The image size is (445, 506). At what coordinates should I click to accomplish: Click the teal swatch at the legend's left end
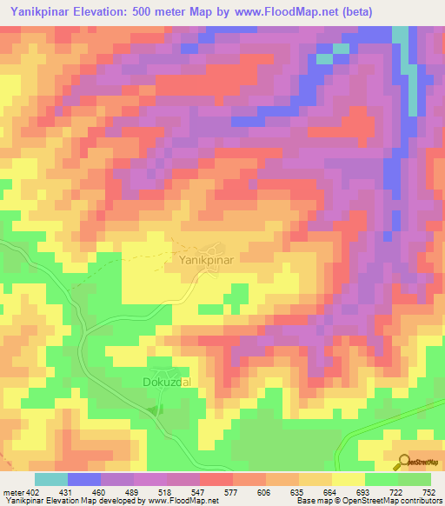tap(51, 480)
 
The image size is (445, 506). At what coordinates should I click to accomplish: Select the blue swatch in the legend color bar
tap(84, 480)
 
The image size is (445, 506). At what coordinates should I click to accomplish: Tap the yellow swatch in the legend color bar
tap(349, 480)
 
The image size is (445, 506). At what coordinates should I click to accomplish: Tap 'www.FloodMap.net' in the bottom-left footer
tap(183, 500)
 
